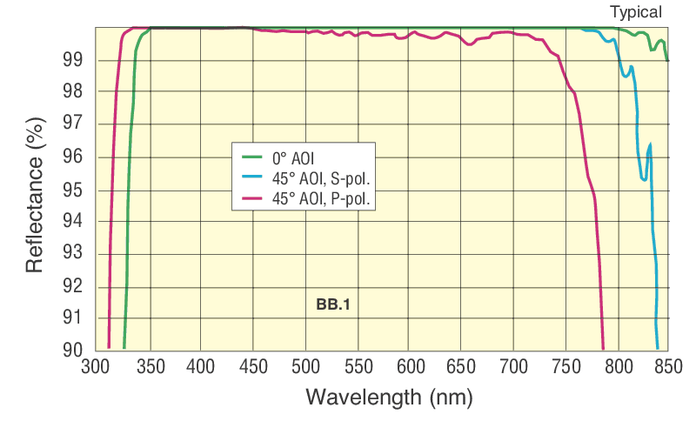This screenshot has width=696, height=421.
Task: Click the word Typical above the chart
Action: point(636,12)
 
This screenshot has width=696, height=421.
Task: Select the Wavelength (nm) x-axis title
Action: point(389,398)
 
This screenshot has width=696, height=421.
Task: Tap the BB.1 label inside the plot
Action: point(332,305)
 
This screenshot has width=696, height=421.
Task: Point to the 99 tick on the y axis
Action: point(73,60)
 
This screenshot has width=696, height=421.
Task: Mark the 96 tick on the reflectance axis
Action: point(73,157)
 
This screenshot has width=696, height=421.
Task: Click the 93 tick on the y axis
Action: point(73,254)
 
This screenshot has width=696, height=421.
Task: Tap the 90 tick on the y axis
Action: point(73,350)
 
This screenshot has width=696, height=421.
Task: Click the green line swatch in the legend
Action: point(251,158)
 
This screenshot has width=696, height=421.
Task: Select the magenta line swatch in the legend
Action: point(251,200)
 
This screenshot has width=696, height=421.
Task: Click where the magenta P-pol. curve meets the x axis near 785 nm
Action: point(603,347)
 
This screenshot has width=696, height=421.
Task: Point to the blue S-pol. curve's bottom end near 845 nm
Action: point(657,347)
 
